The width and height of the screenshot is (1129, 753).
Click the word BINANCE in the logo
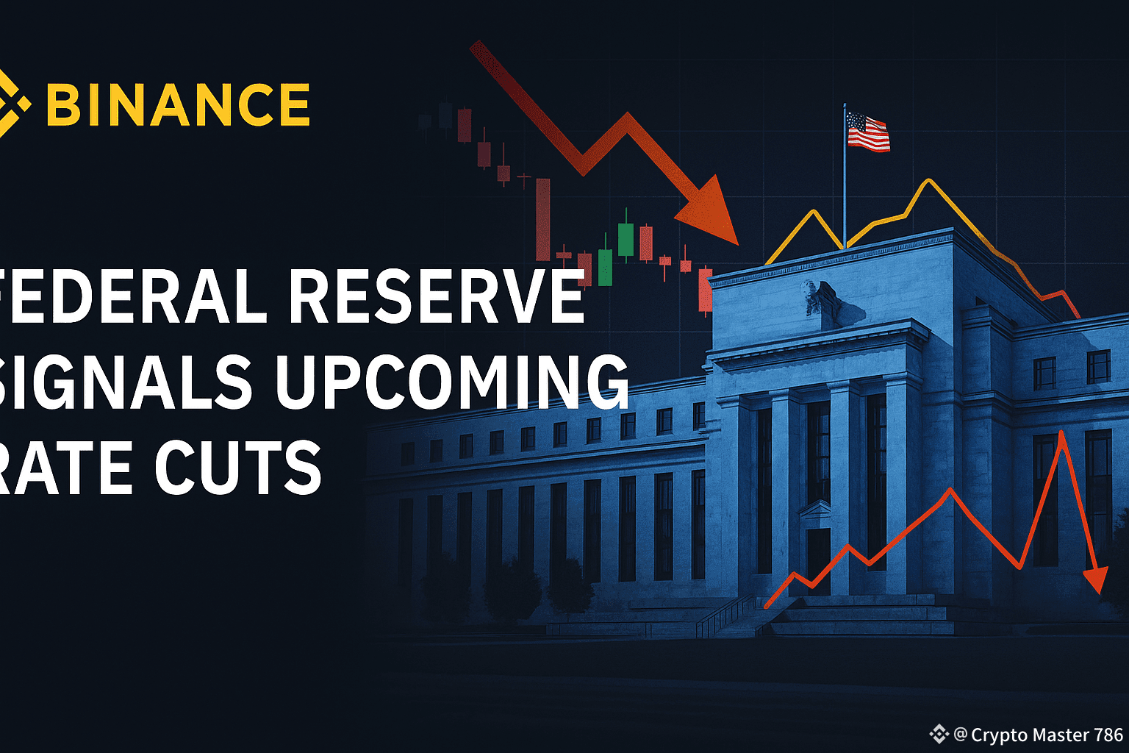point(178,104)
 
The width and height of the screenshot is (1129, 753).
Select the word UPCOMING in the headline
point(451,381)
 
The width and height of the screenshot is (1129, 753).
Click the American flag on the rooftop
point(867,132)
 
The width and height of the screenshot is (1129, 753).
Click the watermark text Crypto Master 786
point(1047,735)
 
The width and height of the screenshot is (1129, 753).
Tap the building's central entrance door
point(818,559)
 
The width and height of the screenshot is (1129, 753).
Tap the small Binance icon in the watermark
point(939,734)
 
